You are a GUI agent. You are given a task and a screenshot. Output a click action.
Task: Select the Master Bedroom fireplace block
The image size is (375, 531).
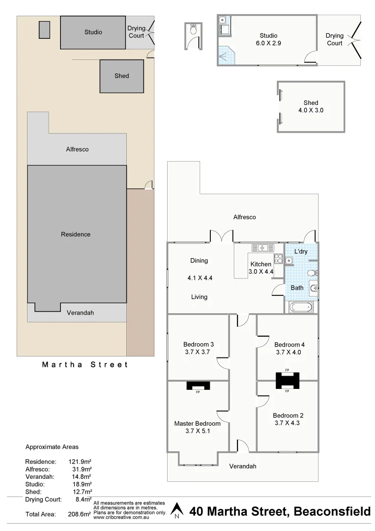(198, 385)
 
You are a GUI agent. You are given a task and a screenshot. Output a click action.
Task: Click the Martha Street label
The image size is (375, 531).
(85, 365)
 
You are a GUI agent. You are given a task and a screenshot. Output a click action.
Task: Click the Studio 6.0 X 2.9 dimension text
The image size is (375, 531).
(268, 43)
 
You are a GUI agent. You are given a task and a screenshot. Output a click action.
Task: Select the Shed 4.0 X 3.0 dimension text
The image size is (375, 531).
(311, 111)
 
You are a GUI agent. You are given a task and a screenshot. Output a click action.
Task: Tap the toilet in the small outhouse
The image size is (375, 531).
(194, 30)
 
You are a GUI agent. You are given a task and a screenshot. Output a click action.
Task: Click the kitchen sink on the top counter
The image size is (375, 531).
(259, 247)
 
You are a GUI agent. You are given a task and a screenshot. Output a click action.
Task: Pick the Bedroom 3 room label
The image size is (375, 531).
(198, 344)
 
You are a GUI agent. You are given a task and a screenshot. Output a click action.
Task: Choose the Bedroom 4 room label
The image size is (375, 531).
(289, 344)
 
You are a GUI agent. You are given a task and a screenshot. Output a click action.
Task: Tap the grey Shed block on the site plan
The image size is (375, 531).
(121, 76)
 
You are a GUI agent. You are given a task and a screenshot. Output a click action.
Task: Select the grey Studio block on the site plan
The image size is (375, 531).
(93, 32)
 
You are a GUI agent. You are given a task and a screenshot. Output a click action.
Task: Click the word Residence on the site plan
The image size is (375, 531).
(76, 235)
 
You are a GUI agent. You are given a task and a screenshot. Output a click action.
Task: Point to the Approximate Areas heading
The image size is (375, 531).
(52, 447)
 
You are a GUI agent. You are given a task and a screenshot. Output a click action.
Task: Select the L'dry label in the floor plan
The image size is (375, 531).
(301, 252)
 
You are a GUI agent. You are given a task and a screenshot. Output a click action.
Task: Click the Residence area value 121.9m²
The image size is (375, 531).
(80, 462)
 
